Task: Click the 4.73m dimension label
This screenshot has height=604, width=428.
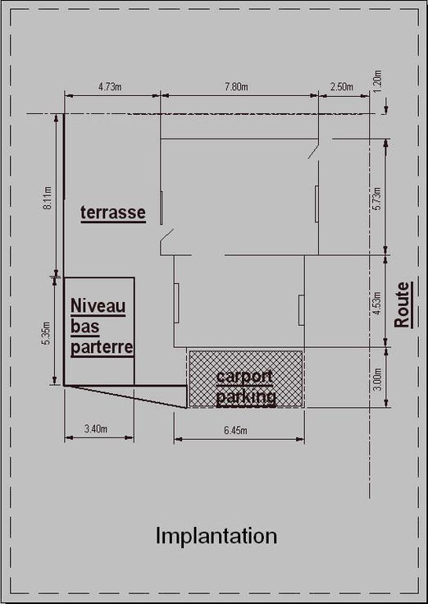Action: tap(110, 87)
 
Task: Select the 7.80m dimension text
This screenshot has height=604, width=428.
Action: tap(236, 87)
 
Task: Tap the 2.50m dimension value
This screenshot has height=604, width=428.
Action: tap(341, 87)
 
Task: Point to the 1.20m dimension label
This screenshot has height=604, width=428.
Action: tap(377, 81)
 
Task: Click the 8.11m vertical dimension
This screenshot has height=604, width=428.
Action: tap(48, 199)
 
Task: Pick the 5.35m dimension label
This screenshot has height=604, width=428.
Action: tap(46, 333)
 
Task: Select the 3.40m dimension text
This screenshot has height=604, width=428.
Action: tap(96, 428)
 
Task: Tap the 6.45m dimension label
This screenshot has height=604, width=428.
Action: tap(235, 430)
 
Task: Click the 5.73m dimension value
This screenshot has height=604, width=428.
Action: tap(377, 199)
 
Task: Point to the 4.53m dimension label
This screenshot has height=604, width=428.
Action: tap(377, 304)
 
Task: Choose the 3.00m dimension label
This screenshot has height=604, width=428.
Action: tap(378, 379)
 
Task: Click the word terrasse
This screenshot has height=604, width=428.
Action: tap(113, 213)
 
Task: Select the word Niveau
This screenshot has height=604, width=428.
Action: tap(98, 307)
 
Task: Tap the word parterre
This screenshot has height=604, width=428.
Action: tap(102, 348)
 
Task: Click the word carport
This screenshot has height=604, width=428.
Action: tap(245, 377)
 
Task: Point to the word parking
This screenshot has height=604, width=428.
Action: tap(246, 397)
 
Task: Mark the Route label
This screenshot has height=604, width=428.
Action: tap(403, 304)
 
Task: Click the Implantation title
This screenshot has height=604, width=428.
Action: tap(216, 536)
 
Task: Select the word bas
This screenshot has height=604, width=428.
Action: tap(85, 327)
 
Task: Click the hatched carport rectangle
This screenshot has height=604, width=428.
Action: tap(245, 378)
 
